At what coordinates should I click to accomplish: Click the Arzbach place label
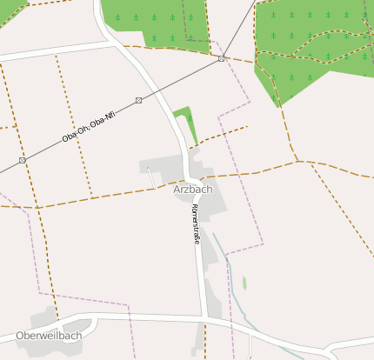point(193,189)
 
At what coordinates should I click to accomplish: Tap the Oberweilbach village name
point(49,336)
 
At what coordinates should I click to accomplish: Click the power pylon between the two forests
point(222,58)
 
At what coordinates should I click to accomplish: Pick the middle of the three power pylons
point(138,101)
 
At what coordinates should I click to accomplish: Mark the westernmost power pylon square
point(22,161)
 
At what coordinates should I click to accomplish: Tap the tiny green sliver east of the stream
point(244,283)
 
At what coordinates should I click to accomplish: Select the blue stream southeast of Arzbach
point(228,270)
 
